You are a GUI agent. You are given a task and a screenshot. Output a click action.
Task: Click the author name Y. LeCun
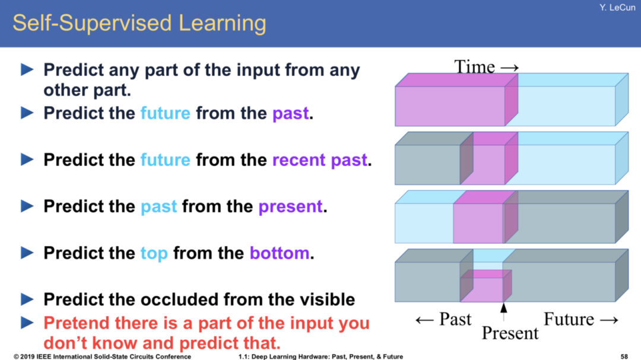coord(617,8)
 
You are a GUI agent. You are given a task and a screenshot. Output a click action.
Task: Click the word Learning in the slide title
coord(222,24)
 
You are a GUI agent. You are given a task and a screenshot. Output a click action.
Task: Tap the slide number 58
coord(624,356)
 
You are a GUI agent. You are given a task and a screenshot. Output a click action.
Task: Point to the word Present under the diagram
coord(510,333)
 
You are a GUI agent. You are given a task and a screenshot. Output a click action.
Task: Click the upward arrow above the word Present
coord(504,312)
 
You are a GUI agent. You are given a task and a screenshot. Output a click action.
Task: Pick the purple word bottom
coord(280,253)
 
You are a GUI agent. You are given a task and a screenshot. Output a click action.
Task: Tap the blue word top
coord(154,254)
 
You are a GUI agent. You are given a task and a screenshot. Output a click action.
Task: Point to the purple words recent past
coord(320,160)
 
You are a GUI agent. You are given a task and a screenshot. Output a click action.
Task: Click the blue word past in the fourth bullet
coord(158,207)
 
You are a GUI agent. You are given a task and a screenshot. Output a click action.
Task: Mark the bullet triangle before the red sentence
coord(27,323)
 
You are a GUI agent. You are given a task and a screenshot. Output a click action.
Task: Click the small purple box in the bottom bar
coord(485,286)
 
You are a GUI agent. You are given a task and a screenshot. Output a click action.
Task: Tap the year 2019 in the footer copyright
coord(27,356)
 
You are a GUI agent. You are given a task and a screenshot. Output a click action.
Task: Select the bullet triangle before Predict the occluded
coord(27,300)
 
